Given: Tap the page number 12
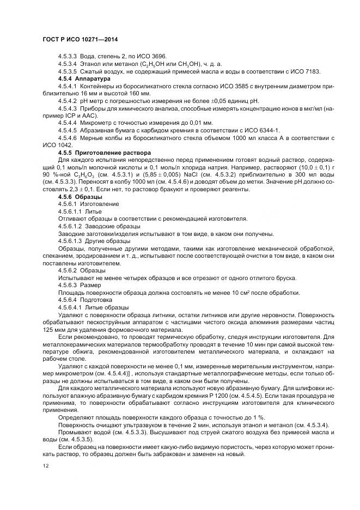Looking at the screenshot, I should pyautogui.click(x=45, y=466).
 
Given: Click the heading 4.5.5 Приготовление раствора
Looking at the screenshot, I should pyautogui.click(x=104, y=153).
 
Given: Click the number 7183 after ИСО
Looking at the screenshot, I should pyautogui.click(x=312, y=71).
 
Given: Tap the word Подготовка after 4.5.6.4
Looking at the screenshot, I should pyautogui.click(x=96, y=300).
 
